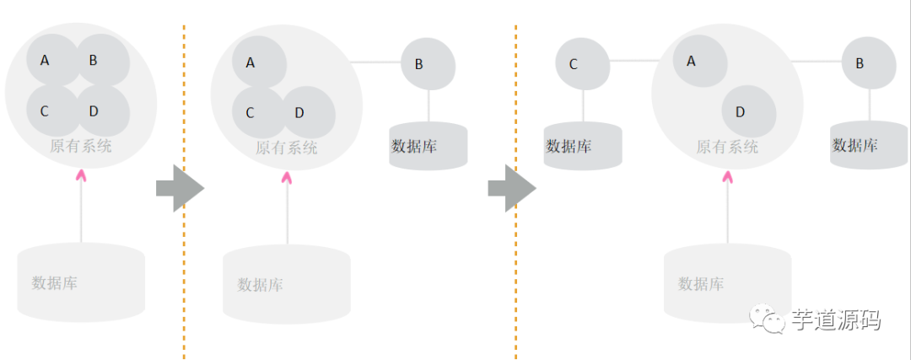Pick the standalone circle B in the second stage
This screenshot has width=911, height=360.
[x=428, y=63]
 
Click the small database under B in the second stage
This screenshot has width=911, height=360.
[x=428, y=146]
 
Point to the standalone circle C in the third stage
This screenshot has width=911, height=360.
[x=582, y=63]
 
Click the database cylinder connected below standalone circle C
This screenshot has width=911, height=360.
[x=582, y=146]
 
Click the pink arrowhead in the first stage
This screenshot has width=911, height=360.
[x=81, y=175]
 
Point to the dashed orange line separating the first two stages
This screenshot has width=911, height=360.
[x=184, y=253]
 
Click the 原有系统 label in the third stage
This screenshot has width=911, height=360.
[x=727, y=147]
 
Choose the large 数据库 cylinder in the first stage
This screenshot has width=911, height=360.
[x=81, y=282]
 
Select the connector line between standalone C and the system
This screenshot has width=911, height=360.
[x=633, y=61]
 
